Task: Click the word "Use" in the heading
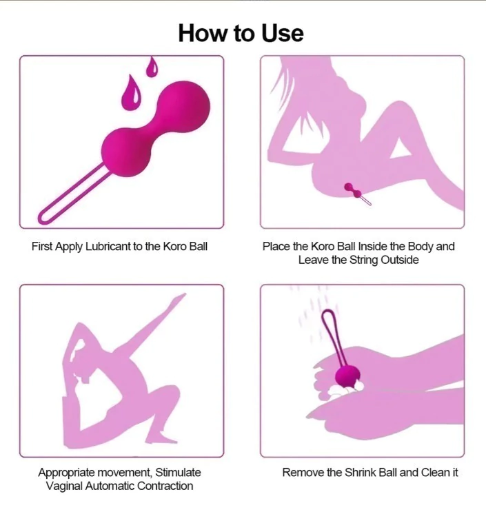click(282, 33)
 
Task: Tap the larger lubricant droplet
click(132, 92)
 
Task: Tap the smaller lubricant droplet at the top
click(152, 67)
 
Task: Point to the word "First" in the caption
click(42, 246)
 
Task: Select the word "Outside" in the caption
click(400, 260)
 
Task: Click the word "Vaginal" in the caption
click(64, 486)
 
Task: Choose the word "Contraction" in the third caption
click(165, 486)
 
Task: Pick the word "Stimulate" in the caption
click(178, 473)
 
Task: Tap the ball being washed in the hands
click(347, 376)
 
